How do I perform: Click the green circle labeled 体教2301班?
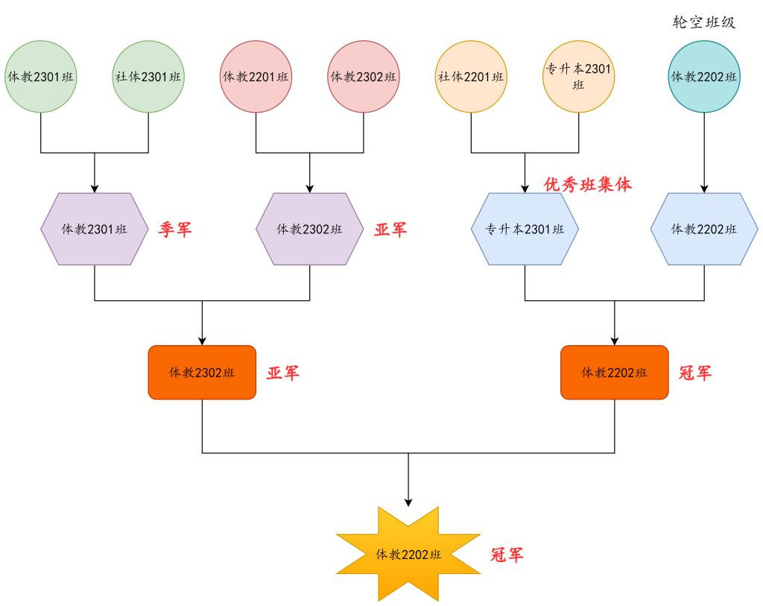coord(41,77)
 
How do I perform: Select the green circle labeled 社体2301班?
coord(148,77)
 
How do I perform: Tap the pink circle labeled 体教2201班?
coord(256,77)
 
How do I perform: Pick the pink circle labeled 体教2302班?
coord(364,77)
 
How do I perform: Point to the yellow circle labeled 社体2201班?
coord(471,77)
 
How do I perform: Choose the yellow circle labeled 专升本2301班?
coord(578,77)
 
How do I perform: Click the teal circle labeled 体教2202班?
coord(704,77)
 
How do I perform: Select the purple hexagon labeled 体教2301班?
coord(95,229)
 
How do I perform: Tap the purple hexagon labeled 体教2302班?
coord(310,229)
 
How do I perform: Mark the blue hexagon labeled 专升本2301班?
coord(525,229)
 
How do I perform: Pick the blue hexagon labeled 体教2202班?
coord(704,229)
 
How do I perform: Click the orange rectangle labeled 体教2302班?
coord(202,373)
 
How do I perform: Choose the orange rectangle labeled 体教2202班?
coord(614,373)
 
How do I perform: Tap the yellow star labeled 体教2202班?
coord(408,555)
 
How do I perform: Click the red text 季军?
coord(175,230)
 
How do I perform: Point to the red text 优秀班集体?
coord(588,184)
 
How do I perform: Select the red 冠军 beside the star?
coord(507,555)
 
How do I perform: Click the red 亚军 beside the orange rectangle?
coord(283,373)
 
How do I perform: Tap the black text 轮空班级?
coord(704,22)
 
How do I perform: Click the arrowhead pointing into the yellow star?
coord(408,502)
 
